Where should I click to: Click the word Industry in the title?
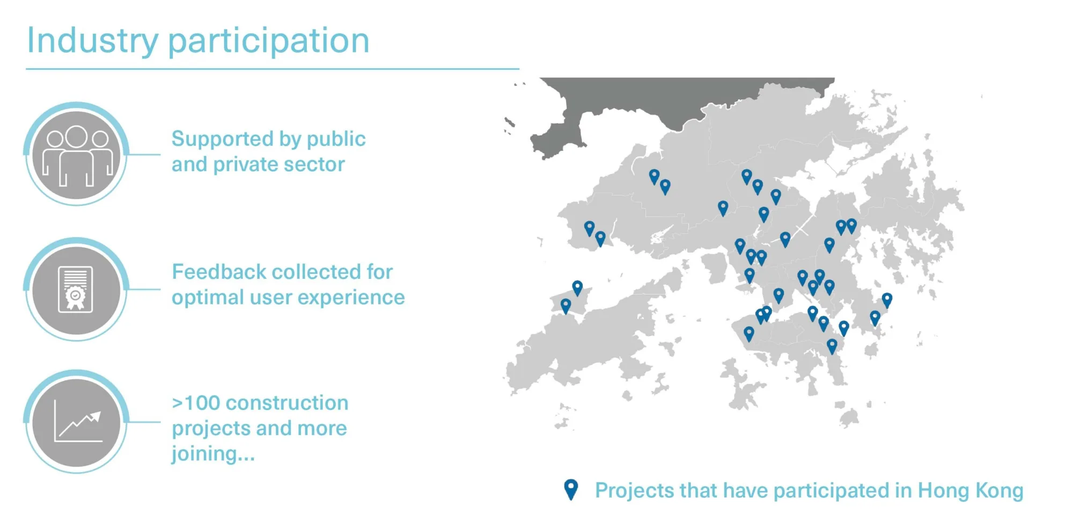[93, 41]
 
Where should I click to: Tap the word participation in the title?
[269, 41]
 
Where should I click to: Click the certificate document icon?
[76, 289]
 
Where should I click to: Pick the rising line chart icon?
[78, 422]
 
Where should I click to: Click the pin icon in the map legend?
[571, 489]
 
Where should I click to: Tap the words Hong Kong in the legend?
[971, 491]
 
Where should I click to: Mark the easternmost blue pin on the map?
[887, 300]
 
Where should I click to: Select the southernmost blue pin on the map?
[832, 346]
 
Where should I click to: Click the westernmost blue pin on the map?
[565, 306]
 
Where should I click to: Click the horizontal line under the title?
[273, 69]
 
